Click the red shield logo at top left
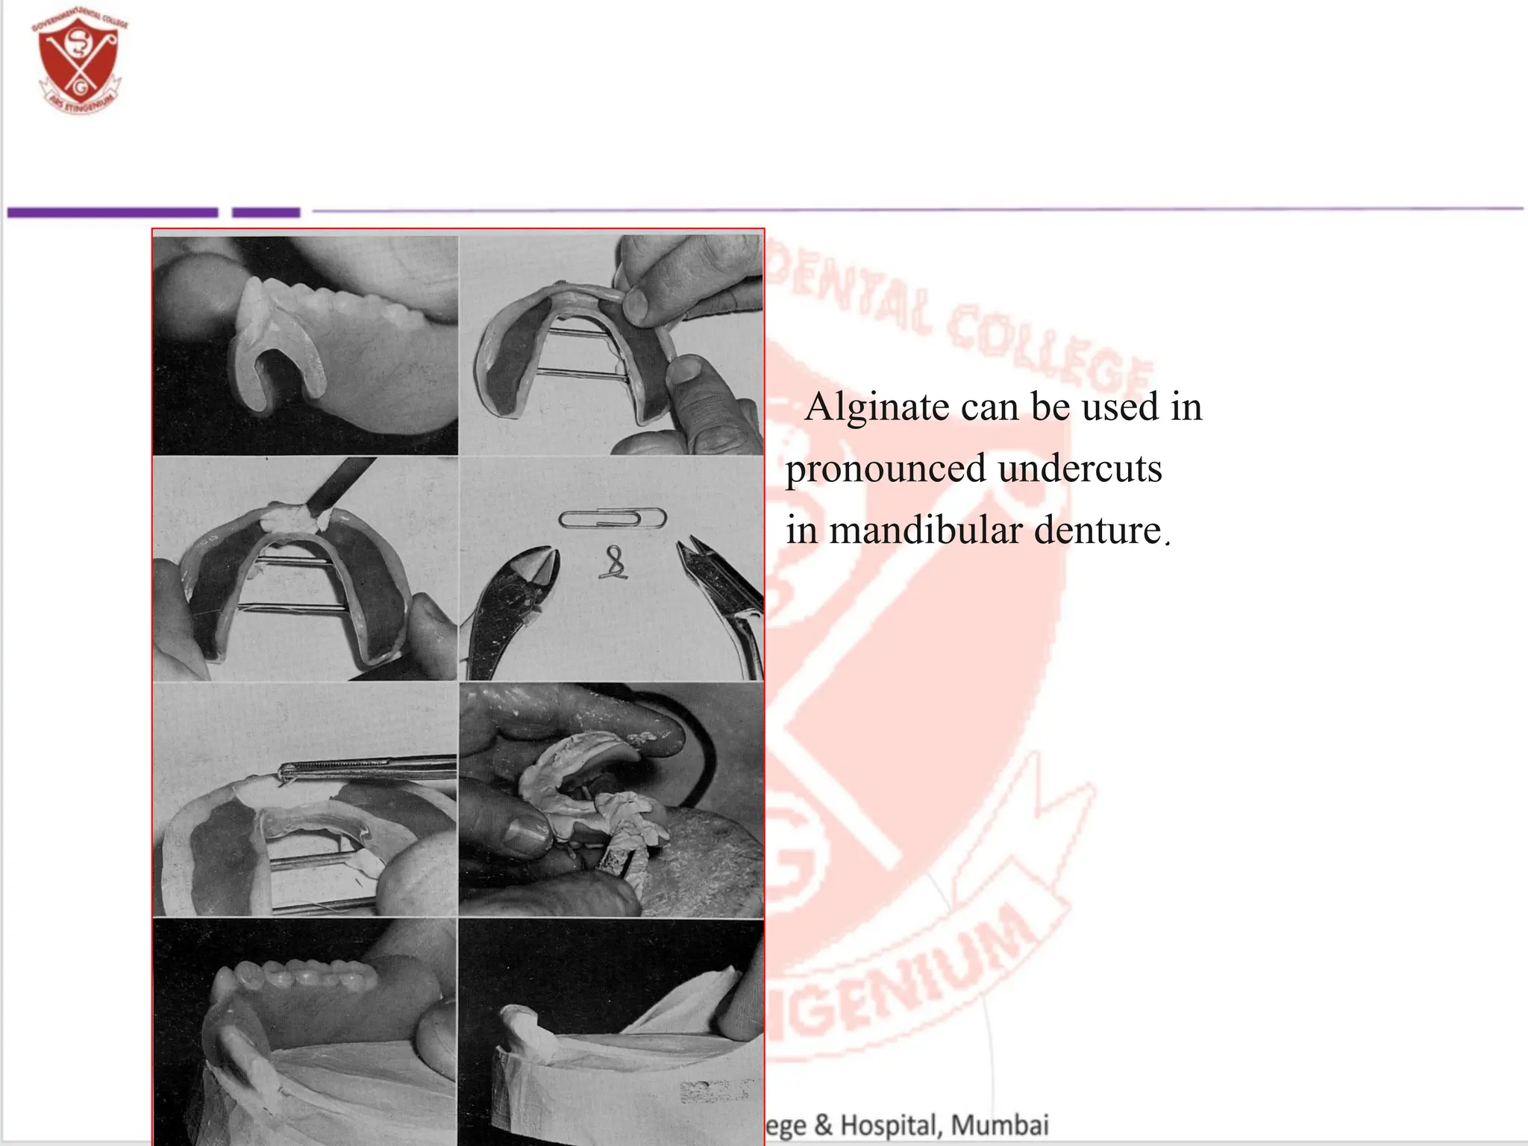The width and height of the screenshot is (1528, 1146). coord(79,64)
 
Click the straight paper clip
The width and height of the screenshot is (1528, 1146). coord(612,519)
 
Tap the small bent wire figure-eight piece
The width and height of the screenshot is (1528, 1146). coord(614,563)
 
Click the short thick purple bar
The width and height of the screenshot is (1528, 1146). coord(266,213)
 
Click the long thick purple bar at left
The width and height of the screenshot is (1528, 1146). coord(112,213)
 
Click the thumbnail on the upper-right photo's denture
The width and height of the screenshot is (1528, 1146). coord(636,302)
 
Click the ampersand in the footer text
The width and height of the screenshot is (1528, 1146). coord(823,1125)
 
